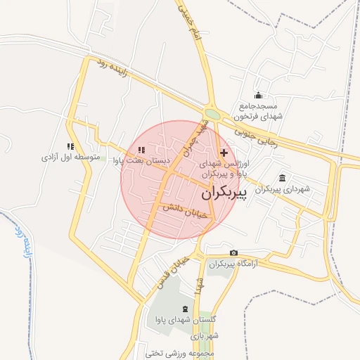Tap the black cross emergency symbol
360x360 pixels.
tap(224, 153)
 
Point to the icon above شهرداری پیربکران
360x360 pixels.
tap(282, 177)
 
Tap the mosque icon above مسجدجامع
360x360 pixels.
tap(258, 96)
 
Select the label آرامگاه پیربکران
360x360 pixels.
tap(230, 264)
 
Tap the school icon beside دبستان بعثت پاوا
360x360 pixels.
tap(141, 149)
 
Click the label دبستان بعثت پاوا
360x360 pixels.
tap(143, 160)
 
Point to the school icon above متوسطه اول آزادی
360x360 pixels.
tap(70, 146)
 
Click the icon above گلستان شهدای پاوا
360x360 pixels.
tap(186, 309)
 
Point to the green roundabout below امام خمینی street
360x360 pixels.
tap(212, 113)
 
